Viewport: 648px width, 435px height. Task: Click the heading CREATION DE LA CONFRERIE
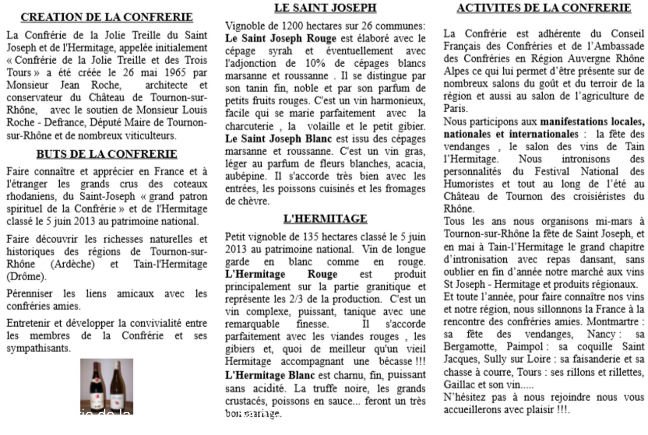click(x=107, y=17)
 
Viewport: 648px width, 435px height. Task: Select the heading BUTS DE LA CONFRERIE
click(x=107, y=154)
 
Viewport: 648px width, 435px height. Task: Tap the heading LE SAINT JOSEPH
click(x=326, y=8)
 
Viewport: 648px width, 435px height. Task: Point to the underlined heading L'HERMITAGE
click(x=325, y=219)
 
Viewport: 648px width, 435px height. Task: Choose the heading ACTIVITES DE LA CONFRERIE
click(x=544, y=8)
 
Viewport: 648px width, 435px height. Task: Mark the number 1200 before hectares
click(x=292, y=26)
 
